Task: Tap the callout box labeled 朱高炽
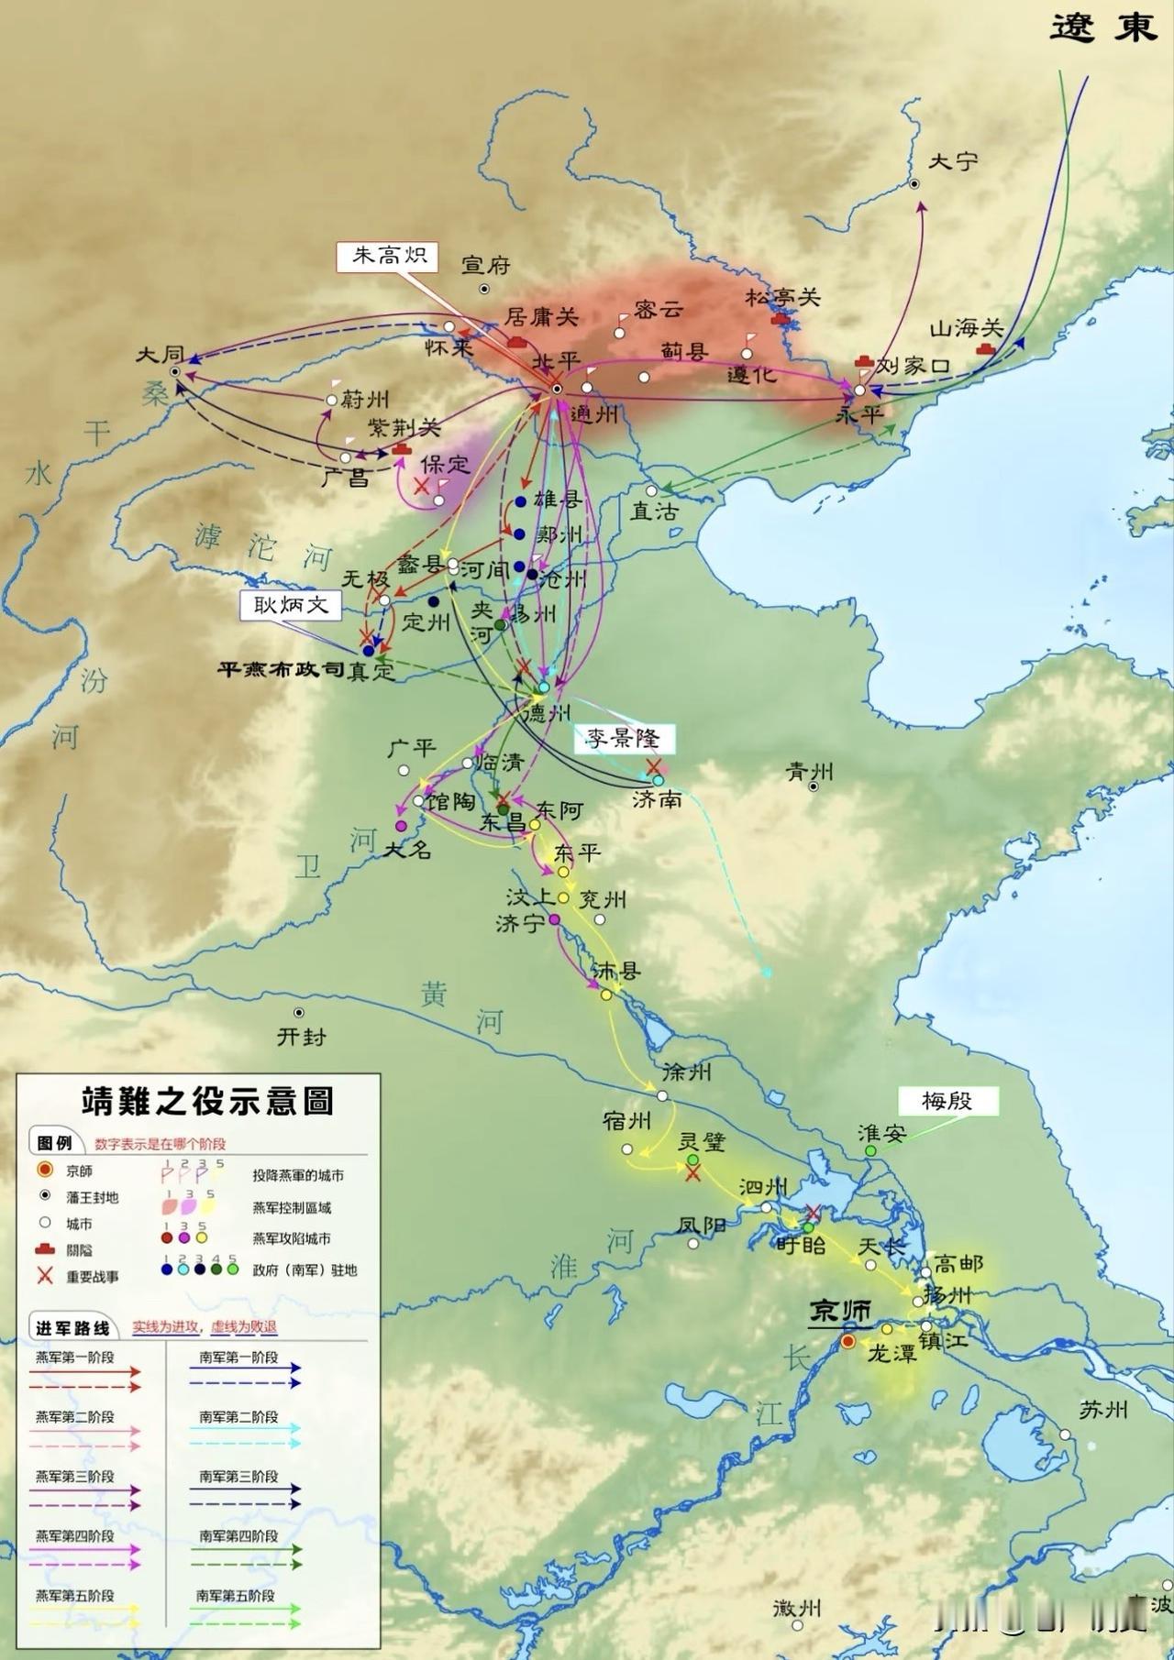pos(390,255)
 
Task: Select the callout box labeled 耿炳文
pos(290,604)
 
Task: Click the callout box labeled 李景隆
pos(624,738)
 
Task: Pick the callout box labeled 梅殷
pos(947,1101)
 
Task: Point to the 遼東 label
pos(1103,27)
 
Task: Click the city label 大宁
pos(953,161)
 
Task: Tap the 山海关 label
pos(967,328)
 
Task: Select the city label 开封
pos(301,1037)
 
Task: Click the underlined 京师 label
pos(840,1312)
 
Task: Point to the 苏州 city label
pos(1103,1410)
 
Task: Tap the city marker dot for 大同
pos(175,371)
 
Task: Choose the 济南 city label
pos(657,799)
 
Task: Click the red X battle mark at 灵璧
pos(693,1173)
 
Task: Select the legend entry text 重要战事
pos(92,1276)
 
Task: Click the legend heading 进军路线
pos(72,1328)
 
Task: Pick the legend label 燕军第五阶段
pos(75,1596)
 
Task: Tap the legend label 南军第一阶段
pos(238,1358)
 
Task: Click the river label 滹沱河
pos(261,546)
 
